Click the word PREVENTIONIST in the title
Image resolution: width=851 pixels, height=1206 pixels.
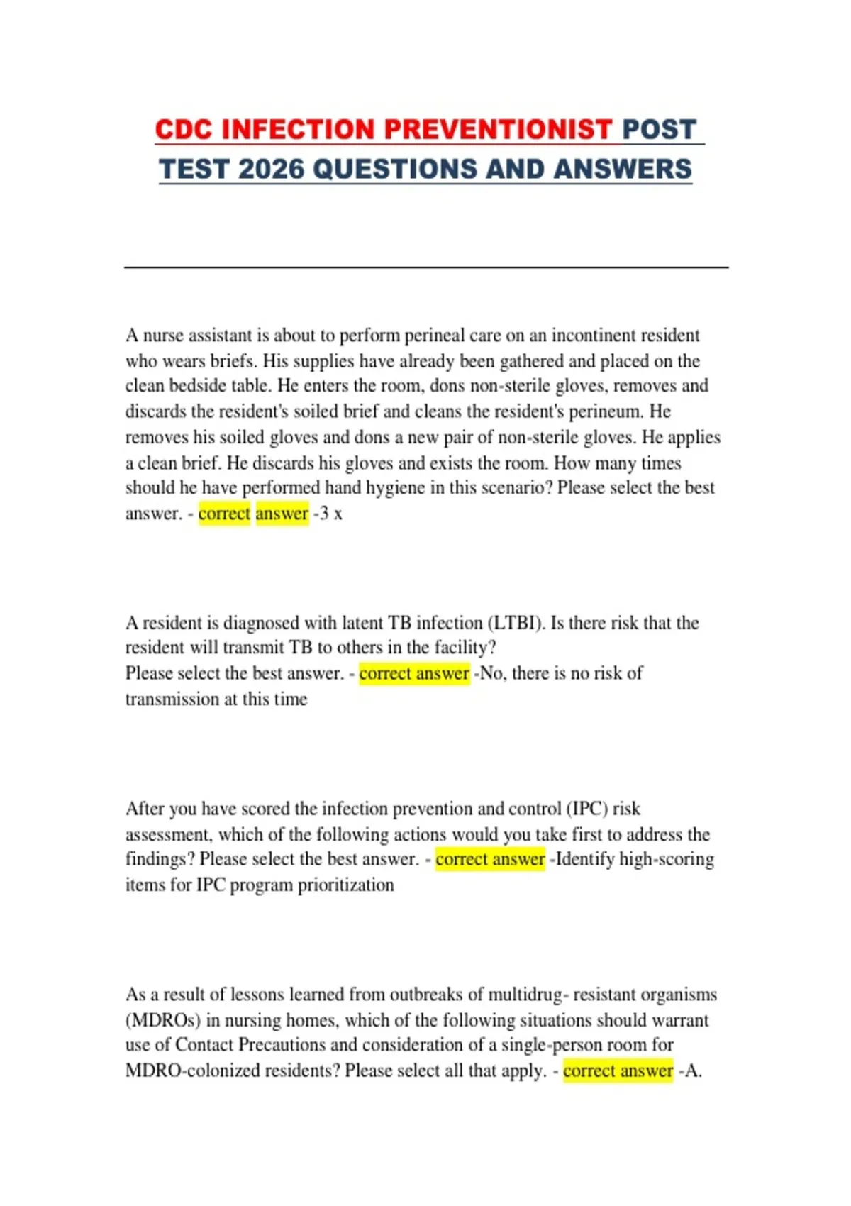coord(497,130)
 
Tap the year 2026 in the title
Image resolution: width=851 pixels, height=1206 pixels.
coord(270,170)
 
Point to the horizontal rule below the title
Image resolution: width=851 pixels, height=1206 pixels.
coord(425,267)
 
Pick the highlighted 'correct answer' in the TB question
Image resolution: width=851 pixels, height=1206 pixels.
coord(414,673)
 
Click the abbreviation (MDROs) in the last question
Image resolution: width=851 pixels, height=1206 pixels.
coord(162,1020)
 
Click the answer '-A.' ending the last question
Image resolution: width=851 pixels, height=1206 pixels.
coord(690,1071)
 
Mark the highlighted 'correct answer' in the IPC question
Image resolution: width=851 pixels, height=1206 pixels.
coord(490,859)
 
